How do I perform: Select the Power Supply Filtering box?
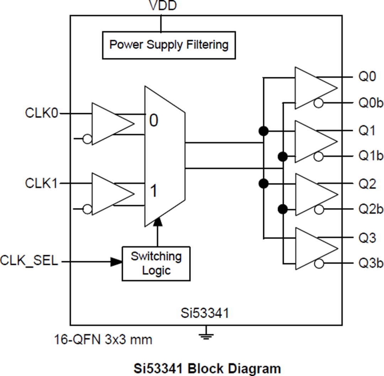coord(169,45)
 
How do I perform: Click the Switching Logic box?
coord(156,263)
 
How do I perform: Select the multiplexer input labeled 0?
coord(154,121)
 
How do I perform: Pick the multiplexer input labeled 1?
coord(153,191)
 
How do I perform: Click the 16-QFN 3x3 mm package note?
coord(103,339)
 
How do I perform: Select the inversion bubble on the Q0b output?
coord(319,104)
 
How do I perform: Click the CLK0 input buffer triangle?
coord(110,124)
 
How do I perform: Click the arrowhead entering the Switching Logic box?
coord(116,262)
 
